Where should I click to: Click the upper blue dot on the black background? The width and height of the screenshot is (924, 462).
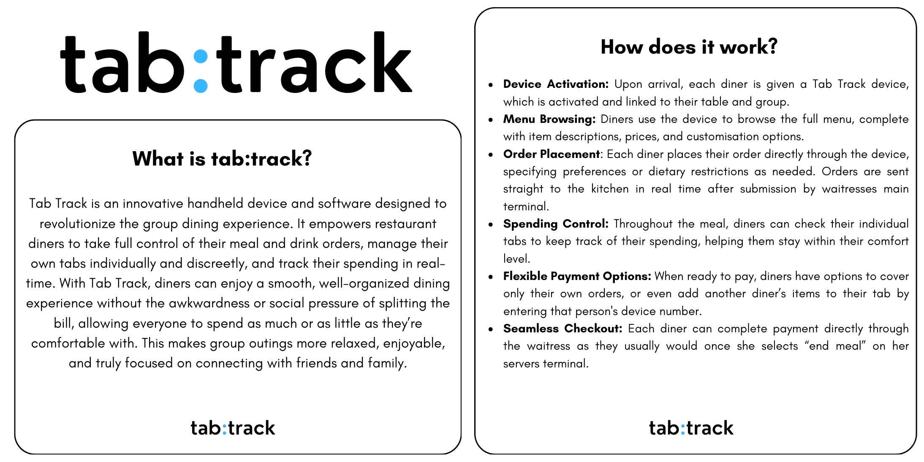tap(201, 56)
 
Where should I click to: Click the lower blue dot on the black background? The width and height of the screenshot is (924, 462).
tap(201, 86)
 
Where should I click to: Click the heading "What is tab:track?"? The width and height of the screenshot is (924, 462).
tap(222, 159)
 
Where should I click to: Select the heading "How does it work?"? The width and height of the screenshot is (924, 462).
tap(689, 46)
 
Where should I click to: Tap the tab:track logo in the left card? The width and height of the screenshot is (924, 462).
tap(233, 428)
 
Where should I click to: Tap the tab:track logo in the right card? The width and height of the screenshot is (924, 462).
tap(691, 428)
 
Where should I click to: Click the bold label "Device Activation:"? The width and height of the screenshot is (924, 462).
tap(556, 84)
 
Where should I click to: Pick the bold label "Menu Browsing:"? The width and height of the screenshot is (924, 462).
tap(549, 119)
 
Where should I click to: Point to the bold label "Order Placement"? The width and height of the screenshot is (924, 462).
tap(551, 154)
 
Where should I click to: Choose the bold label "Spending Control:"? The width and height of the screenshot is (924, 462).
tap(556, 224)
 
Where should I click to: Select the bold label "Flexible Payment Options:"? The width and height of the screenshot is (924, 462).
tap(577, 276)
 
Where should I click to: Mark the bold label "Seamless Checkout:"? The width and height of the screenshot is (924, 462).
tap(563, 329)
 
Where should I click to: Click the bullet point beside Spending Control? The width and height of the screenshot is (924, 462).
tap(490, 224)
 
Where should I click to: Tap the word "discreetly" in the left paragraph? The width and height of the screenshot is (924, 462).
tap(217, 264)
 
